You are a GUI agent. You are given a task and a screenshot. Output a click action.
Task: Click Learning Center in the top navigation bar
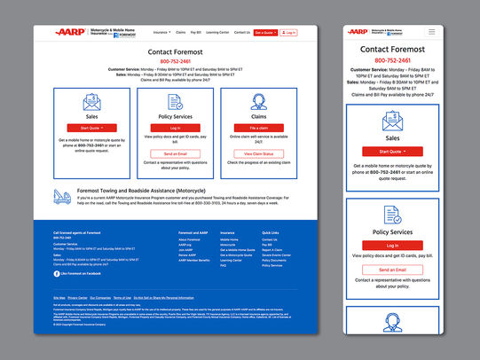(218, 32)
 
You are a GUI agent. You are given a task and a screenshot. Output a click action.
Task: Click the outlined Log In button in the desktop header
(289, 32)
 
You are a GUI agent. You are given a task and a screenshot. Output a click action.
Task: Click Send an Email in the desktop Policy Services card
(175, 153)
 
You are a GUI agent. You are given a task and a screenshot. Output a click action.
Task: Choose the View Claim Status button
(259, 153)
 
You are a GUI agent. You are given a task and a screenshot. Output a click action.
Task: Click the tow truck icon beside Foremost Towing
(64, 196)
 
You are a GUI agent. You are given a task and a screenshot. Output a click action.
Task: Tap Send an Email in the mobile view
(393, 269)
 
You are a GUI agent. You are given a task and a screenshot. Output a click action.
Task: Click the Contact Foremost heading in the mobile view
(393, 50)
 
